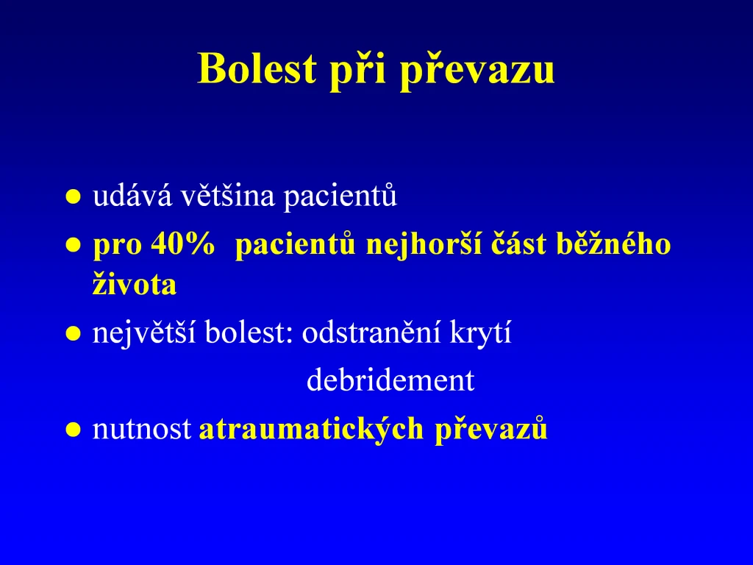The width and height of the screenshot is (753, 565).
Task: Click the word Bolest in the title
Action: pyautogui.click(x=257, y=68)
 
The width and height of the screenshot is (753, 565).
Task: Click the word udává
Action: pyautogui.click(x=132, y=196)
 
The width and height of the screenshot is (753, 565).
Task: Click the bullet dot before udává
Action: pyautogui.click(x=73, y=196)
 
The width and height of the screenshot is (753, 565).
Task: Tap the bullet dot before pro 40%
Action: pyautogui.click(x=73, y=245)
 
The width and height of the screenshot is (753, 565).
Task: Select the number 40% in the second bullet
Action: pyautogui.click(x=183, y=244)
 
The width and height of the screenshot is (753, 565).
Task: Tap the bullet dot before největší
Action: pyautogui.click(x=73, y=333)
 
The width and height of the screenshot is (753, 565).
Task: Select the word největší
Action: pyautogui.click(x=144, y=333)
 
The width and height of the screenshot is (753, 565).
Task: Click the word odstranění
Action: pyautogui.click(x=371, y=332)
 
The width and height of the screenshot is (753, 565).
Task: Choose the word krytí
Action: pyautogui.click(x=480, y=333)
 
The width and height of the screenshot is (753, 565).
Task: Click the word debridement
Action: pyautogui.click(x=390, y=380)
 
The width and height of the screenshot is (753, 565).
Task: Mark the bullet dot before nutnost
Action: pyautogui.click(x=73, y=429)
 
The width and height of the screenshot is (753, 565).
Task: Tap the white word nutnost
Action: pyautogui.click(x=142, y=429)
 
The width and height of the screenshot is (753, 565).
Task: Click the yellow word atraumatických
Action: pyautogui.click(x=311, y=429)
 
